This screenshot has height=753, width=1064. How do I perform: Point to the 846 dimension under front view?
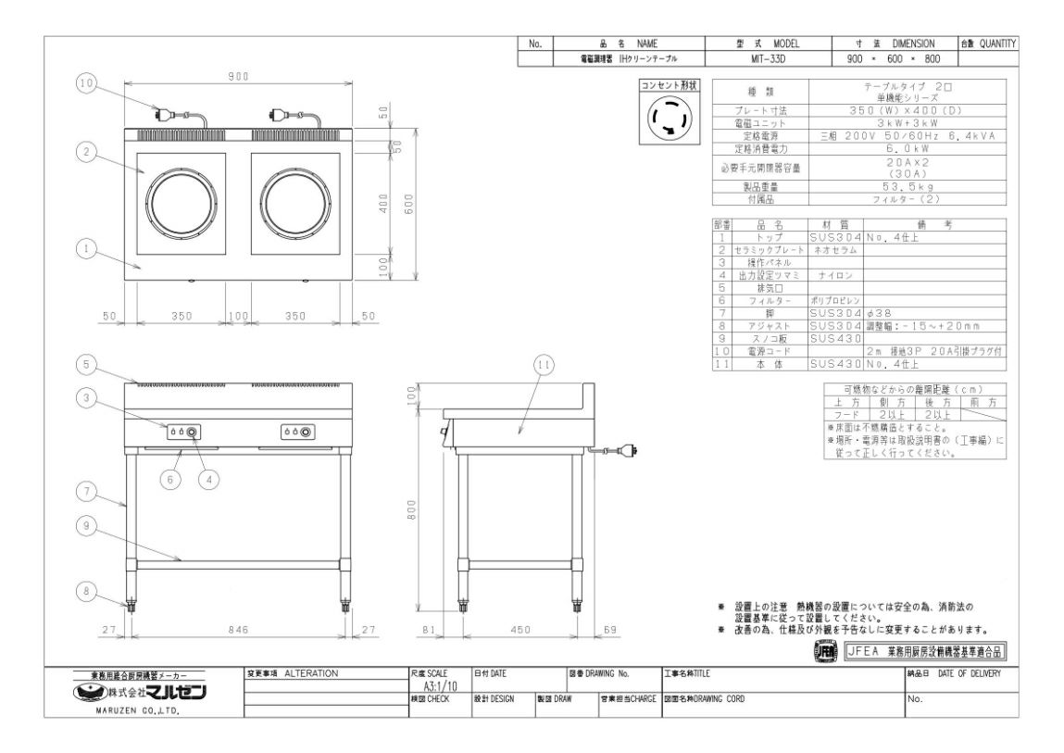pyautogui.click(x=239, y=630)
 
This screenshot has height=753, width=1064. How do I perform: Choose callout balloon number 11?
pyautogui.click(x=544, y=365)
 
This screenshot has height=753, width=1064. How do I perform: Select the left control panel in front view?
pyautogui.click(x=182, y=433)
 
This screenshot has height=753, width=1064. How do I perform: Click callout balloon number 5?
pyautogui.click(x=86, y=362)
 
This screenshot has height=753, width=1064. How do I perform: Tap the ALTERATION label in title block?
pyautogui.click(x=312, y=672)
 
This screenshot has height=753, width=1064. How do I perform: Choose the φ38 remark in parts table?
pyautogui.click(x=879, y=313)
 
